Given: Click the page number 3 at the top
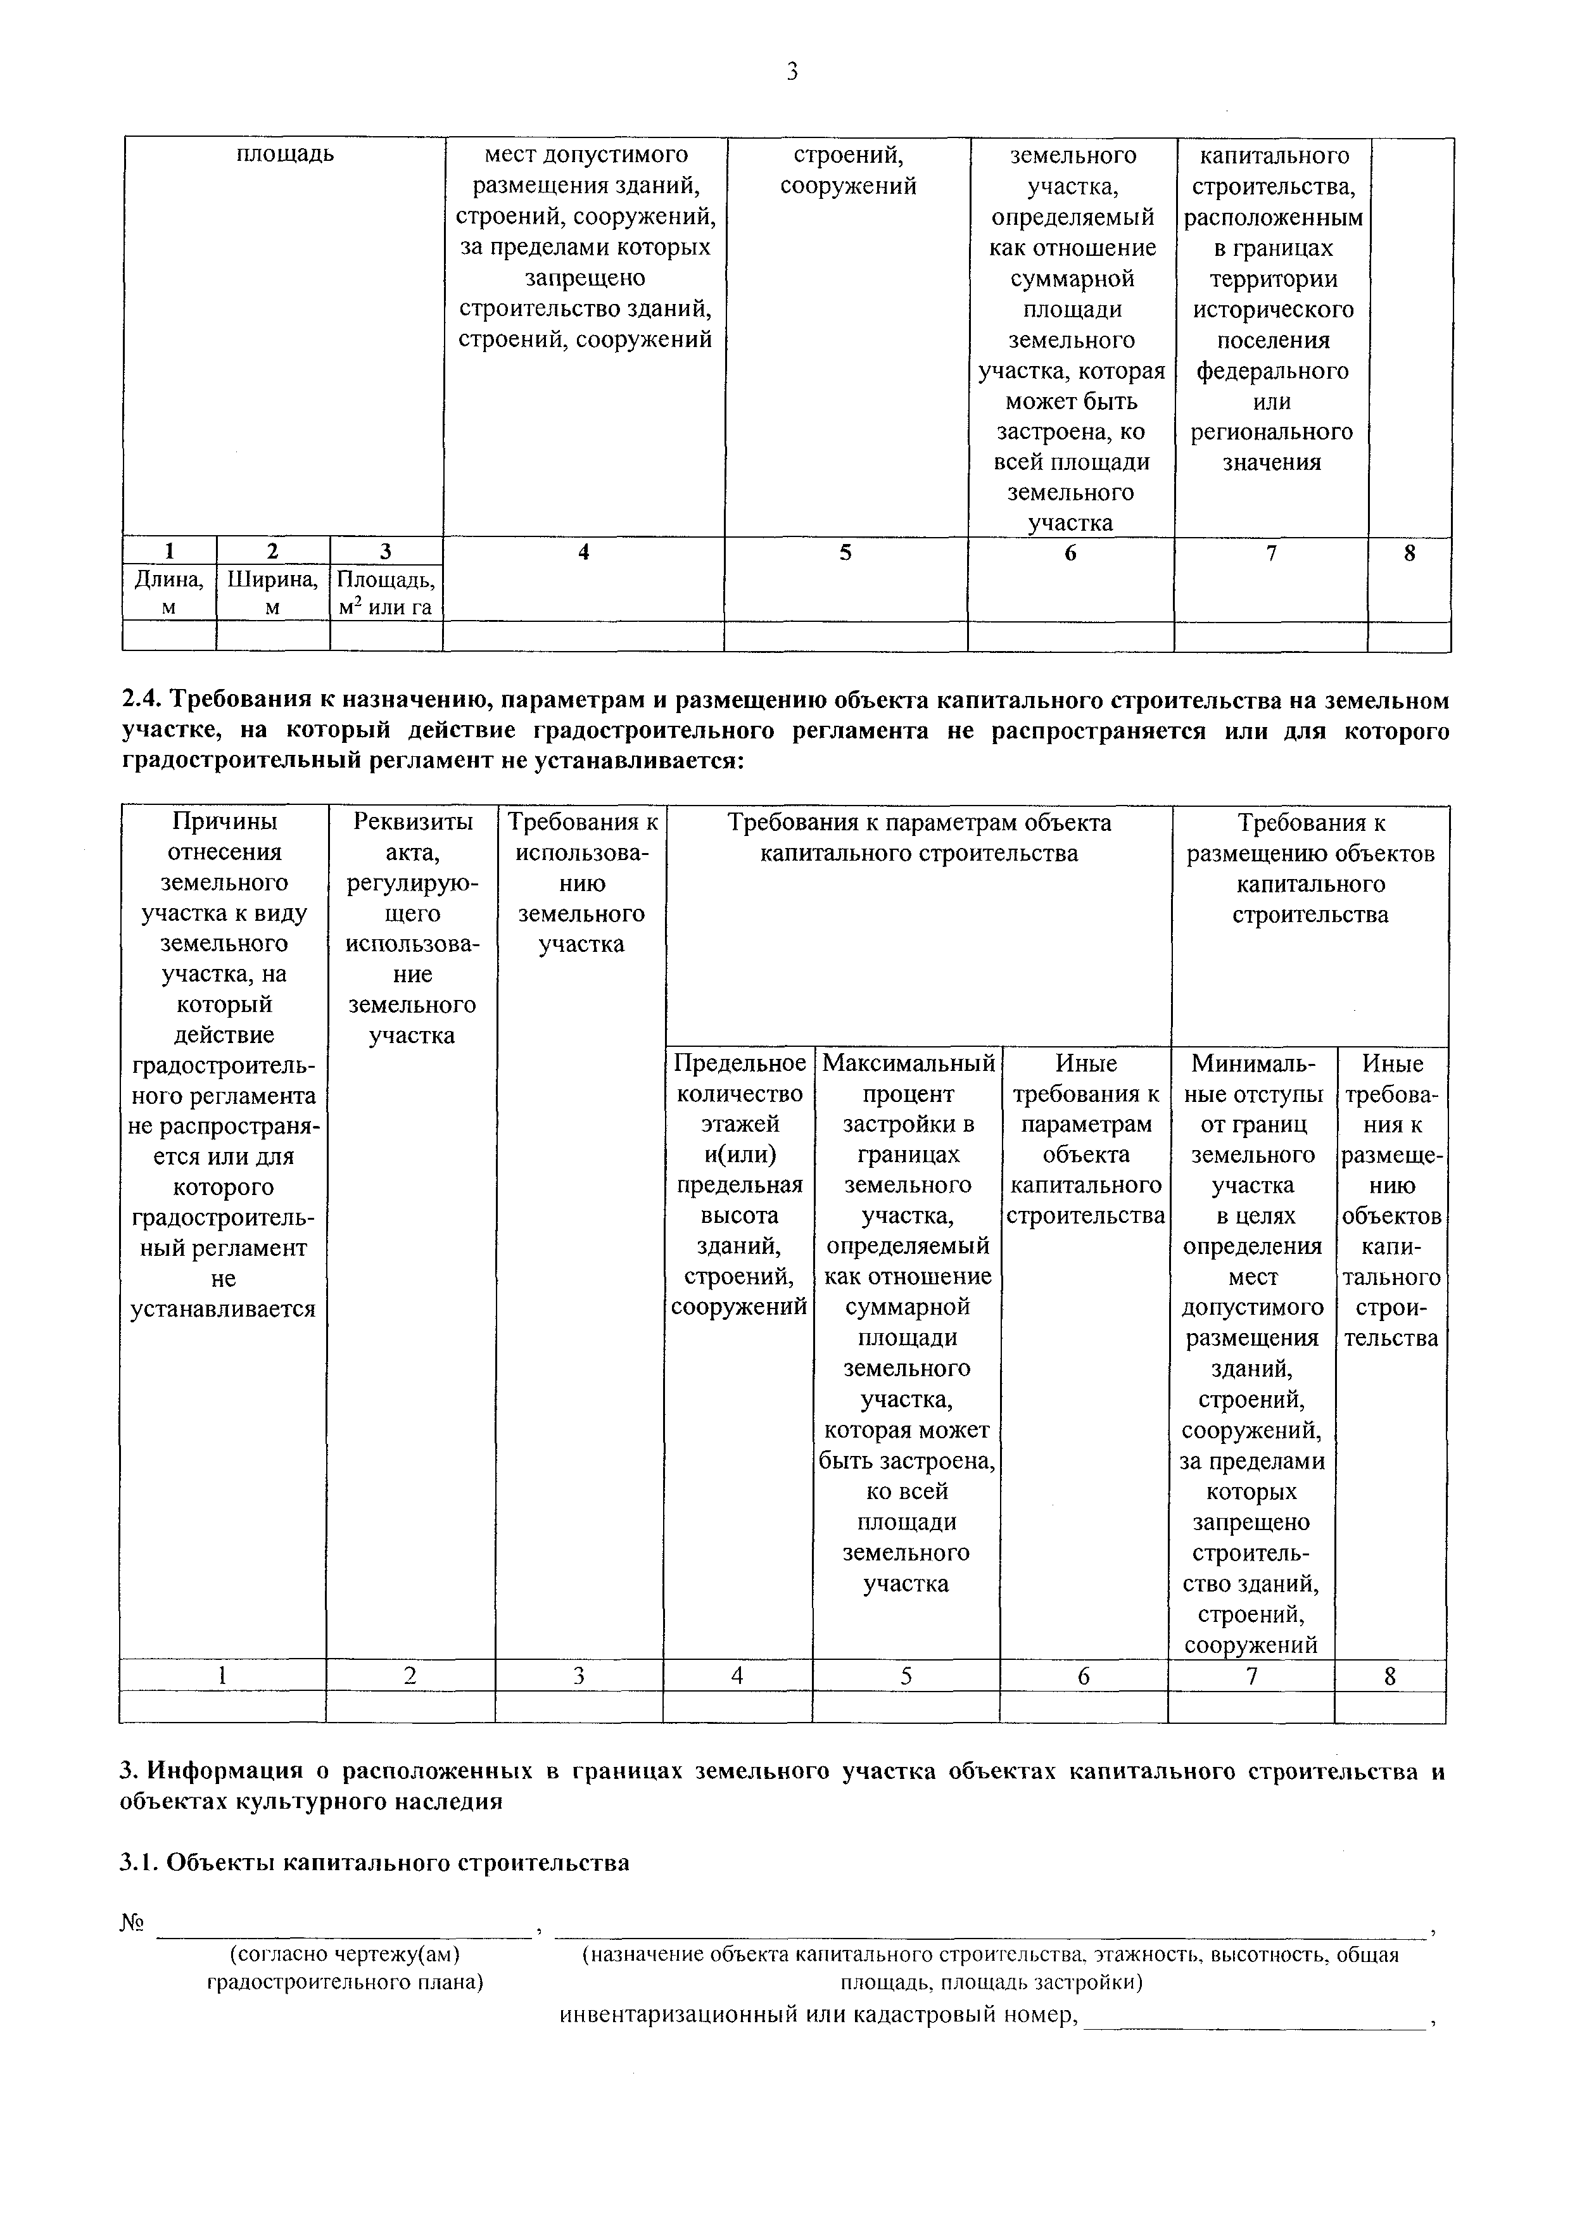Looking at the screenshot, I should tap(791, 72).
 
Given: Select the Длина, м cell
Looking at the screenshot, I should tap(169, 592).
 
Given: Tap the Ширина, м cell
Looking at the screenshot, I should tap(273, 592).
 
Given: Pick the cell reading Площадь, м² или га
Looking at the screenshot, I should tap(385, 592).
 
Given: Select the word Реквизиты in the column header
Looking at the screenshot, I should tap(413, 821).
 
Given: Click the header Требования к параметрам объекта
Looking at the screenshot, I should tap(918, 822).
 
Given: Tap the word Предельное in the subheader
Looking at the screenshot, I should tap(739, 1063).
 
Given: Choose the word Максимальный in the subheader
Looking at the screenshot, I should tap(908, 1063).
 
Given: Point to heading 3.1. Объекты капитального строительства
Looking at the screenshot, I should tap(374, 1862).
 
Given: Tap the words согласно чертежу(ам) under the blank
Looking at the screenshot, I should tap(345, 1955).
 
